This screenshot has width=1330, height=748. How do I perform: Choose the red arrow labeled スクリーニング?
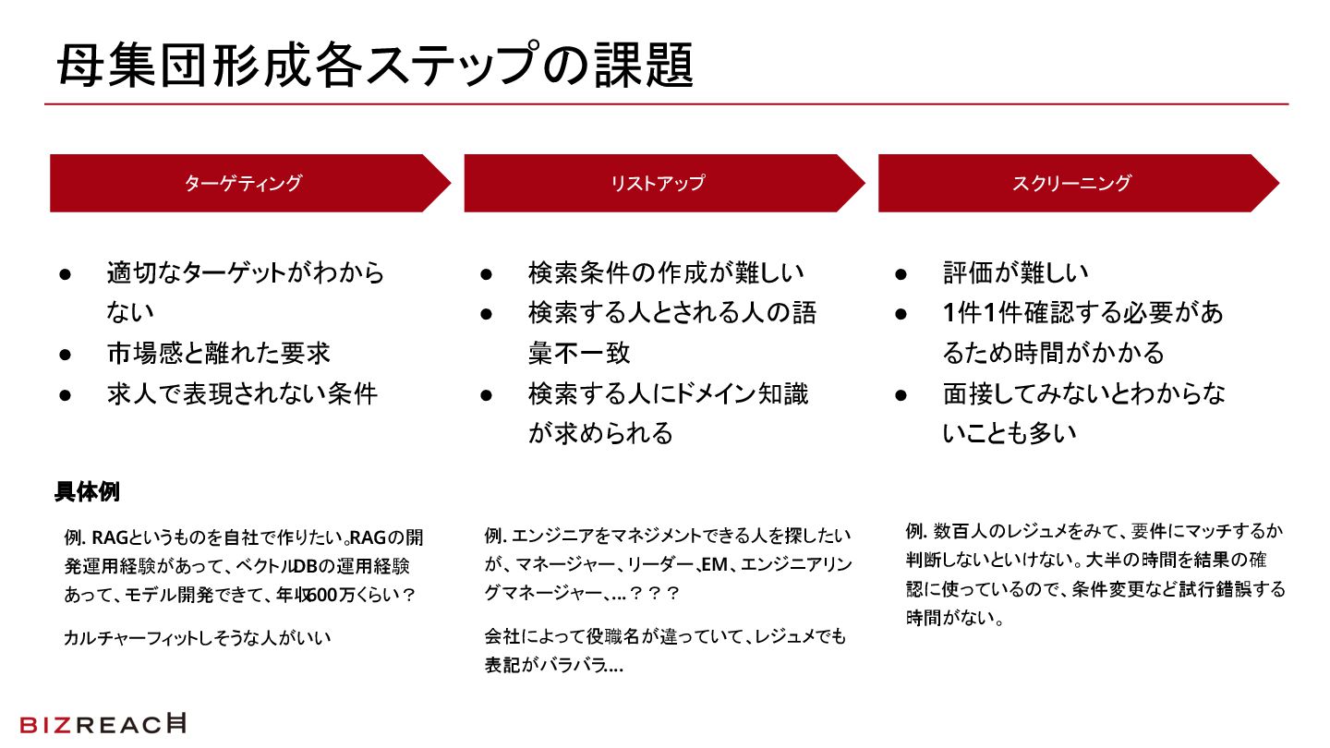(1071, 183)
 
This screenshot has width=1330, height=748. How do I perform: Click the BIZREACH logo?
(103, 725)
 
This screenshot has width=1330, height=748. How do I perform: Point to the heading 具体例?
(87, 491)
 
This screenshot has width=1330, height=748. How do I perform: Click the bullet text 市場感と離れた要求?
(218, 353)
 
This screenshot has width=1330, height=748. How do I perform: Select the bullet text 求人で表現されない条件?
(242, 393)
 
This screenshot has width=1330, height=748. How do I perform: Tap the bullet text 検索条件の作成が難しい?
(666, 272)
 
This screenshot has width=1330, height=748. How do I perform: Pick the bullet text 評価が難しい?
(1015, 272)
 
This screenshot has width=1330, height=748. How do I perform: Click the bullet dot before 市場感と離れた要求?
(66, 354)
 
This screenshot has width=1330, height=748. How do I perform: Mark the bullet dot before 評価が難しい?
(901, 273)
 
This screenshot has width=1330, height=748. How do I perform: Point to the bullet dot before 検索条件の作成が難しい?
(487, 273)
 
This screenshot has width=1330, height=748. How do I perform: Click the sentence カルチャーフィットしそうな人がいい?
(197, 637)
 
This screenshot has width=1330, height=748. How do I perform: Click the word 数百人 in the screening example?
(959, 531)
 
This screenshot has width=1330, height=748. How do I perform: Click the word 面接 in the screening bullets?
(964, 393)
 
